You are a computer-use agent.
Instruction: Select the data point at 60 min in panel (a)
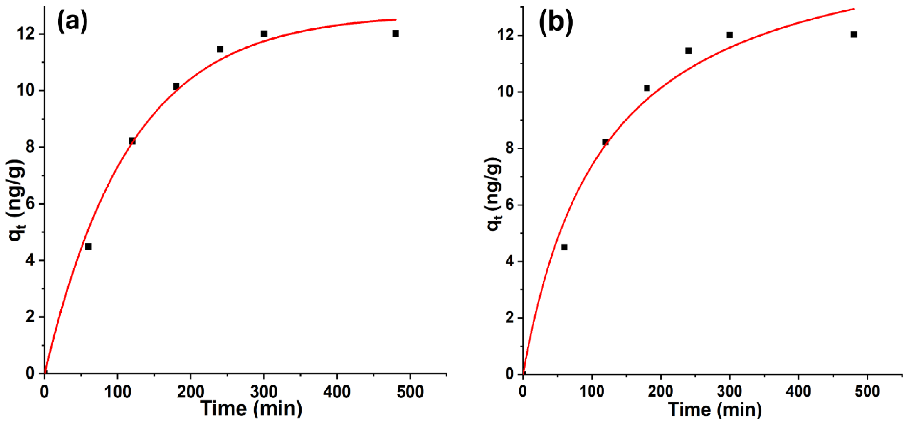point(88,246)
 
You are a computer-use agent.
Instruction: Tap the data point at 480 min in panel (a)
point(395,33)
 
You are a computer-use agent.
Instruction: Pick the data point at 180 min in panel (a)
point(176,86)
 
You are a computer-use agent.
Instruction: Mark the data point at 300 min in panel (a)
point(264,34)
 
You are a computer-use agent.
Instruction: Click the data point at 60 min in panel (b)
point(564,247)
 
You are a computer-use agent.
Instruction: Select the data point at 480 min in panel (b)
point(853,35)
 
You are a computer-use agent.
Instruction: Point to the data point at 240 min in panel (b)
point(688,51)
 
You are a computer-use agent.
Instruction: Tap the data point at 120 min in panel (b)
point(605,142)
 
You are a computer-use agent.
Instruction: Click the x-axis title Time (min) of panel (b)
point(715,410)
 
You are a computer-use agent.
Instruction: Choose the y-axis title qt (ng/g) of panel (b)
point(494,194)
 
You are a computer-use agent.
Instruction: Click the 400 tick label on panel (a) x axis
point(337,392)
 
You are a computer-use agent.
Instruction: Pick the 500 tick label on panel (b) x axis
point(867,392)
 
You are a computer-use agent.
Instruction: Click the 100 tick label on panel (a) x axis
point(118,392)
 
